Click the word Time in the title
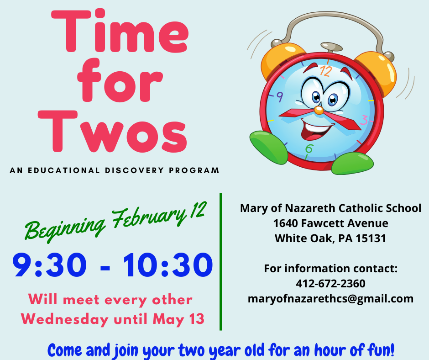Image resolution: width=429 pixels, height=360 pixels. pos(120,31)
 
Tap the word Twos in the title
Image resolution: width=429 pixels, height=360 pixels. pos(112,132)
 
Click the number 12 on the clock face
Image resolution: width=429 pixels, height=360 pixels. pos(325,71)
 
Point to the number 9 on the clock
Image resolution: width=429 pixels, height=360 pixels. pos(279,97)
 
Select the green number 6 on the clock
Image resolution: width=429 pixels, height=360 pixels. pos(309,149)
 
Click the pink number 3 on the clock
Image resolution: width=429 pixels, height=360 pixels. pos(365,120)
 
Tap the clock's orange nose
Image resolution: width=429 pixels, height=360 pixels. pos(319,110)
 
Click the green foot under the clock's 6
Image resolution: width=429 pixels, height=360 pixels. pos(352,163)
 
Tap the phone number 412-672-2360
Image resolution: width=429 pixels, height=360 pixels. pos(330,284)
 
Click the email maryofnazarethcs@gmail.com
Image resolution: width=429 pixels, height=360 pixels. pos(330,299)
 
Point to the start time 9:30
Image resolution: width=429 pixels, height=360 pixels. pos(49,265)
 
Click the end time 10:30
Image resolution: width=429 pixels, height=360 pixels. pos(167,265)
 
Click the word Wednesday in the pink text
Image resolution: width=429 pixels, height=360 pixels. pos(65,319)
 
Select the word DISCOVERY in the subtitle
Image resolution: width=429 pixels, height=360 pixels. pos(134,170)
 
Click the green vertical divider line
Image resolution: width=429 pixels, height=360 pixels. pos(221,262)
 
